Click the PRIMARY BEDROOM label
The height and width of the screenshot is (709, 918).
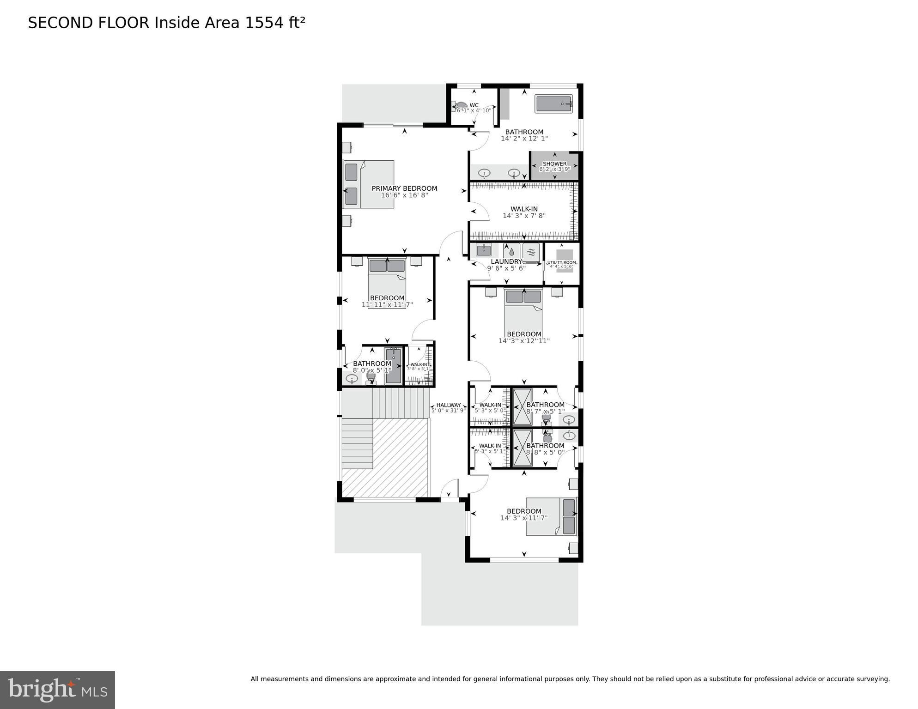point(404,188)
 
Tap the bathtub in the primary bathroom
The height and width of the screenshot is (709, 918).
point(553,104)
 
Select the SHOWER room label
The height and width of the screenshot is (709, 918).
point(554,164)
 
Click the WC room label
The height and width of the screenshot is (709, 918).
point(474,105)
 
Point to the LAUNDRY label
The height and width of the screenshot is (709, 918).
point(506,262)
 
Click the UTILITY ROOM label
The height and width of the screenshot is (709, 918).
point(561,263)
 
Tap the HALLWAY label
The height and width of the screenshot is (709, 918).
point(449,405)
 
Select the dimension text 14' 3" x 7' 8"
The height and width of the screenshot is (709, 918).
point(524,216)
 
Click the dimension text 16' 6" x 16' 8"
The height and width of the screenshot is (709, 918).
point(404,195)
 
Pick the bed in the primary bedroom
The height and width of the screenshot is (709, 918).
point(369,184)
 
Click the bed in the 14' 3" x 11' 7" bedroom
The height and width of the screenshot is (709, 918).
point(551,516)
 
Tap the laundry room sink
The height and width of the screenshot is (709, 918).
point(483,251)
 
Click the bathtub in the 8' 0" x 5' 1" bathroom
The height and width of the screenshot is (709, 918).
point(393,366)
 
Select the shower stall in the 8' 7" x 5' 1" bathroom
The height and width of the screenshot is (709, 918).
point(522,407)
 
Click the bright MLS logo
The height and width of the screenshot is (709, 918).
point(57,690)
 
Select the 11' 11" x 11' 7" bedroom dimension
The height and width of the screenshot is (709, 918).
point(387,305)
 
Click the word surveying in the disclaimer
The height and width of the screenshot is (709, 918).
point(872,679)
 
